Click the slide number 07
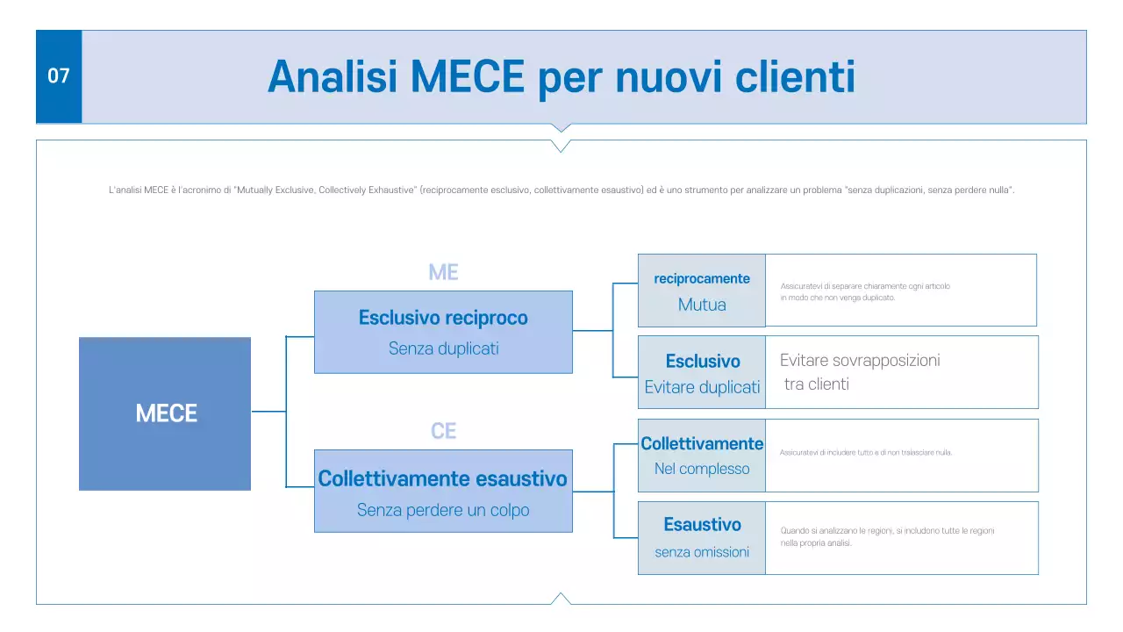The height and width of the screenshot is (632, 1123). coord(58,76)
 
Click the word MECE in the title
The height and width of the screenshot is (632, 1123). coord(467,77)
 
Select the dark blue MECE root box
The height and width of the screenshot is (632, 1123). coord(165,413)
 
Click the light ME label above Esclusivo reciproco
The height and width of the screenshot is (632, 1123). coord(443,272)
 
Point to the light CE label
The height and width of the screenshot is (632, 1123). coord(443,431)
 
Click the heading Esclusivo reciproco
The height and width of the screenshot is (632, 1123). coord(443,318)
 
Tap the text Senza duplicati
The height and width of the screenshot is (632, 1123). coord(443,348)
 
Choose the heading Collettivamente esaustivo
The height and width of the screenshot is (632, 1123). coord(443,478)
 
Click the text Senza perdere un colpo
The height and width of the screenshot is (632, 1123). coord(443,510)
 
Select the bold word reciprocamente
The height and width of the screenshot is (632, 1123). coord(702,278)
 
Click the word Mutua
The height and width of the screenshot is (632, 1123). coord(702,305)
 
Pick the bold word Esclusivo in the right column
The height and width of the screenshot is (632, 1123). coord(702,361)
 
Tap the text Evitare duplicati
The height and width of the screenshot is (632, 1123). coord(702,387)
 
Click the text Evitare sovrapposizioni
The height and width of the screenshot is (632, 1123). coord(859,360)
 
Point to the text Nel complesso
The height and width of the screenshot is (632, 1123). coord(702,469)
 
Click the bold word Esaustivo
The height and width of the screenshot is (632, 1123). coord(702,524)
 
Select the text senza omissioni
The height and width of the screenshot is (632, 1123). coord(702,552)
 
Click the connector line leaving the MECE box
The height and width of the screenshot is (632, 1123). coord(268,411)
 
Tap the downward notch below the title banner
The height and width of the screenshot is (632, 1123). coord(561,128)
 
